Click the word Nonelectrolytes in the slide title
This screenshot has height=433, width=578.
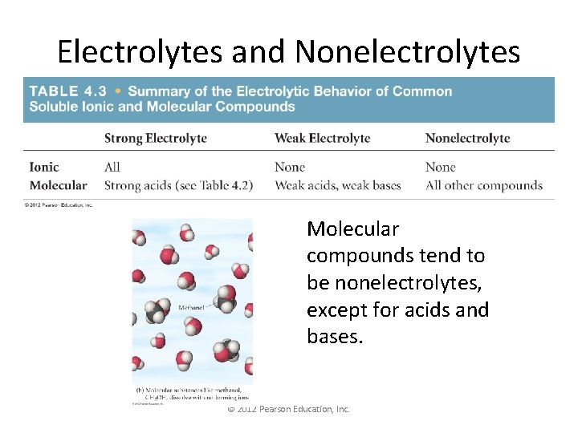(x=408, y=52)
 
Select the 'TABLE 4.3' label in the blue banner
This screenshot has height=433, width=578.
(x=65, y=91)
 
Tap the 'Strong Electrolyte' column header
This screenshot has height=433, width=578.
(x=156, y=138)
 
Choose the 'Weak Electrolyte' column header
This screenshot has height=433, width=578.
(x=322, y=138)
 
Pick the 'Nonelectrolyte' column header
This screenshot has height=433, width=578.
(x=467, y=138)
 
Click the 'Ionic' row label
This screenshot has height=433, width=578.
(x=44, y=167)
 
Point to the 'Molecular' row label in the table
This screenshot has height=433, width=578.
(x=58, y=185)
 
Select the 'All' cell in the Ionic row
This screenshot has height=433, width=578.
(x=112, y=167)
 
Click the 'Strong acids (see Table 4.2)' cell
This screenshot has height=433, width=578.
(x=178, y=185)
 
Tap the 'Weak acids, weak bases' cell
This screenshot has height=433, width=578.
(x=337, y=185)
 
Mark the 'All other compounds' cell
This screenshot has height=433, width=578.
(x=483, y=185)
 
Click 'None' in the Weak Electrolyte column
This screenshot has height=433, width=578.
(x=290, y=167)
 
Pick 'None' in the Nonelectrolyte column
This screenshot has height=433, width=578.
(x=441, y=167)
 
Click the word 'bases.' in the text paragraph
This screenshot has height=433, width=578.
(x=335, y=337)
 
